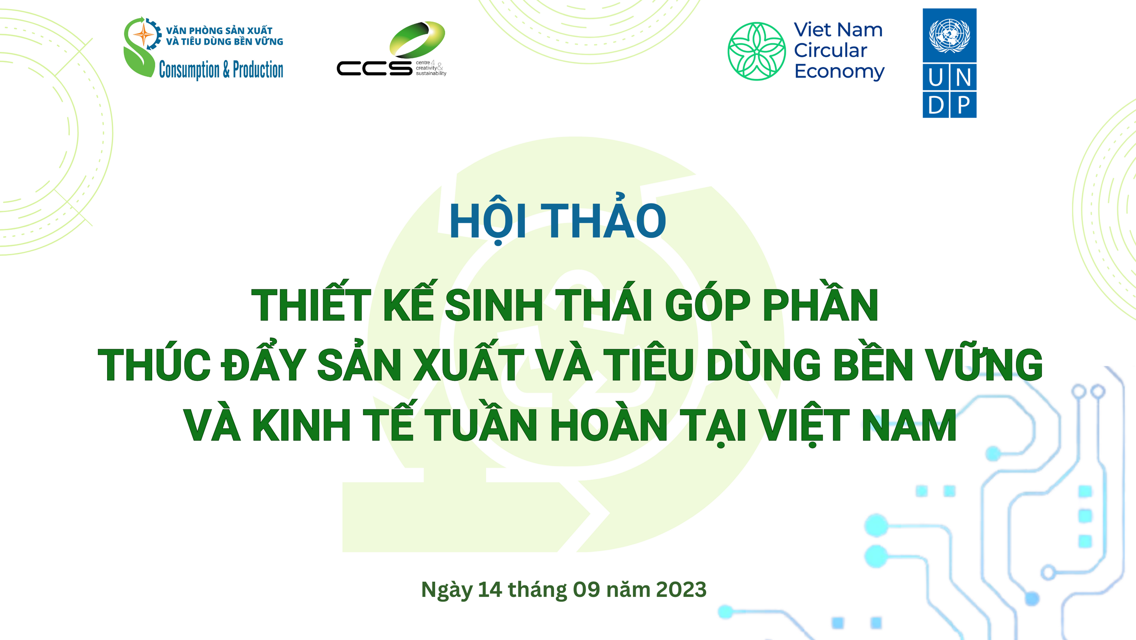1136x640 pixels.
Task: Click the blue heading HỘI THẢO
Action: [x=557, y=219]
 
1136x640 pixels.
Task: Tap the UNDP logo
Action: [x=949, y=63]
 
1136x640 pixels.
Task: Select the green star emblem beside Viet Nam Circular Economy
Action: [x=756, y=51]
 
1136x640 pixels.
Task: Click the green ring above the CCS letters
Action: [x=417, y=40]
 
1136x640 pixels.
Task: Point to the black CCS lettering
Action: [x=374, y=68]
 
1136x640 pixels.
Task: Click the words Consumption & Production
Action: [x=221, y=70]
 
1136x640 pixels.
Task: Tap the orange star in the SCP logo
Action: [x=144, y=34]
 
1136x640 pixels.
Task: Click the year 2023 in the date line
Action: [x=681, y=589]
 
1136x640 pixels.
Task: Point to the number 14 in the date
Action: [x=490, y=589]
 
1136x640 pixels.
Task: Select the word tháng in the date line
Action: [x=538, y=590]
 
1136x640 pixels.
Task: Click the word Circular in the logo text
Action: [x=830, y=50]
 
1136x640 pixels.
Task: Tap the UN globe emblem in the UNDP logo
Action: [x=949, y=35]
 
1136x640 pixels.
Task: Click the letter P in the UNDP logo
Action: [x=964, y=105]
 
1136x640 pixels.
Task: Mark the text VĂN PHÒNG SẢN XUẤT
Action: [x=219, y=30]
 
